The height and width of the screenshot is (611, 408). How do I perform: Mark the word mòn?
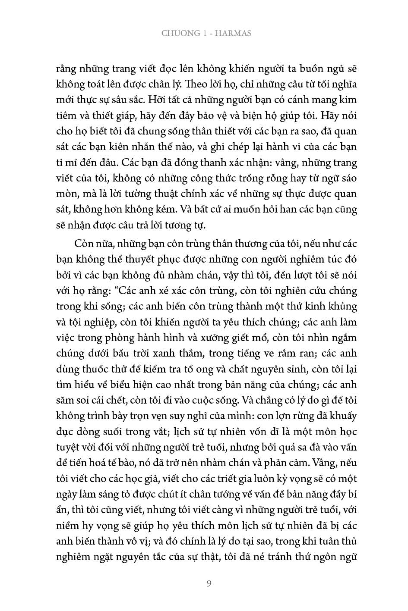click(x=66, y=194)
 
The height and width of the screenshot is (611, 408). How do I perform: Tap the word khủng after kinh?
click(x=342, y=307)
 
